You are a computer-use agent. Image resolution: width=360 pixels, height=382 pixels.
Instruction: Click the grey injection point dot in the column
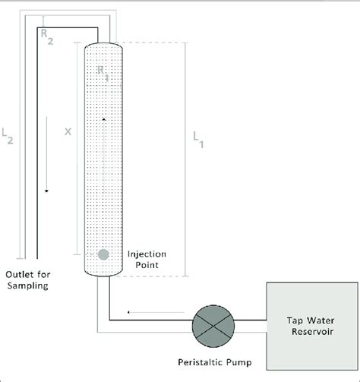103,254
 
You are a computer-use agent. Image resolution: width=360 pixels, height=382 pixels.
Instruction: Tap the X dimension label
68,131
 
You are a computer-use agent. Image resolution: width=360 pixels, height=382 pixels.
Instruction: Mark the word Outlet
18,275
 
